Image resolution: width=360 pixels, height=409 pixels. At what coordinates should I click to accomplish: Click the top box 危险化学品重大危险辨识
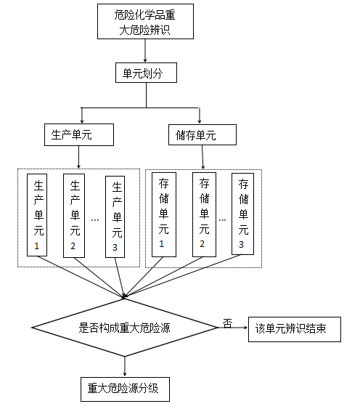(146, 23)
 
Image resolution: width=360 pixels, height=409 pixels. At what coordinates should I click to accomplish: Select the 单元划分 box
(146, 73)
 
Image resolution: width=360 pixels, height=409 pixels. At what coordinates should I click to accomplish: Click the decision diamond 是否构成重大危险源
(124, 328)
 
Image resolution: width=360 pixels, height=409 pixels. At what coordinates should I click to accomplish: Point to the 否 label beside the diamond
(227, 323)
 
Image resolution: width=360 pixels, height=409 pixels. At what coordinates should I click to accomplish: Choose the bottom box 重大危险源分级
(124, 389)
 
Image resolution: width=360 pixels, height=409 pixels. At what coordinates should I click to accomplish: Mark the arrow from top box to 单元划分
(146, 50)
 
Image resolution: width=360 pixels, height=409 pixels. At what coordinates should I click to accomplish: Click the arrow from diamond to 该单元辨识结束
(232, 328)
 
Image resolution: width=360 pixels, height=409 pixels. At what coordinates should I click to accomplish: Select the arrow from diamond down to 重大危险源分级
(124, 365)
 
